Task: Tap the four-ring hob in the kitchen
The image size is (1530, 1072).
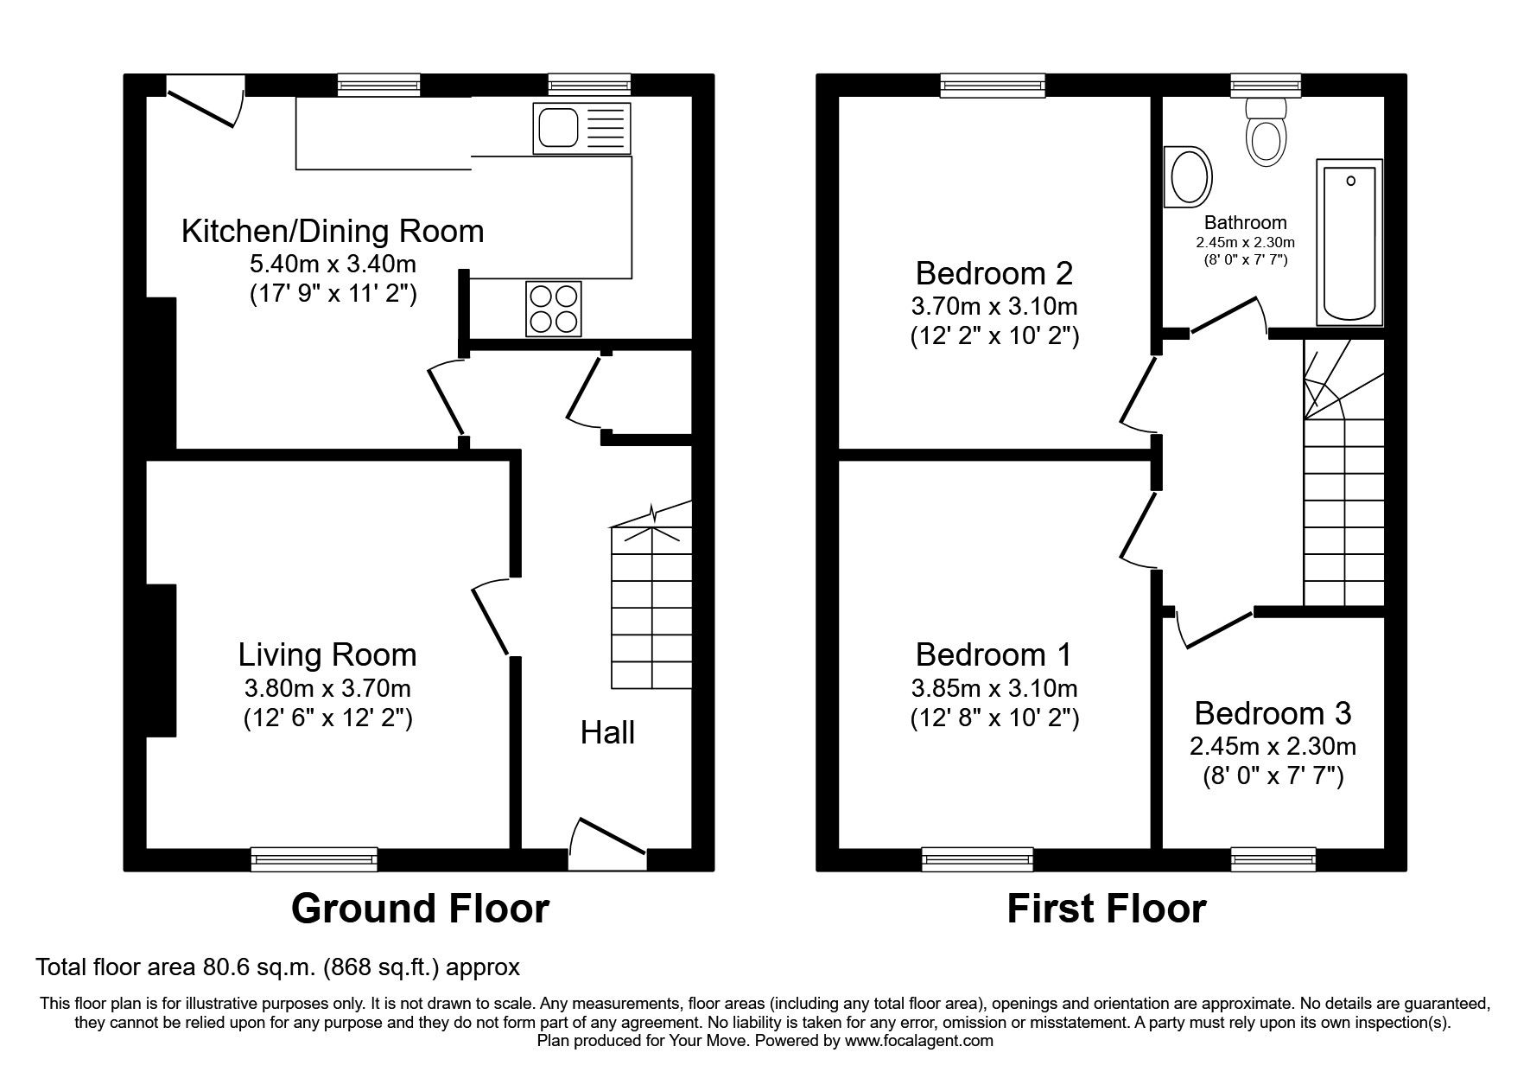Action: coord(553,309)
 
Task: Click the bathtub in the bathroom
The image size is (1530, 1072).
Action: coord(1349,242)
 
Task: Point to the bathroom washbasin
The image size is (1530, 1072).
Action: coord(1189,176)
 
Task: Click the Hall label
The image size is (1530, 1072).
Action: coord(607,732)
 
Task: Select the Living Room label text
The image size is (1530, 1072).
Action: coord(327,654)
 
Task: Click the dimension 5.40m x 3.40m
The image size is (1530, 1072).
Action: coord(333,264)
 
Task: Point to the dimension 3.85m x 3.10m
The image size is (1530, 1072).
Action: coord(994,688)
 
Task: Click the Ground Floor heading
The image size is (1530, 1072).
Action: coord(420,909)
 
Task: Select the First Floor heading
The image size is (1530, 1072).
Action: coord(1106,909)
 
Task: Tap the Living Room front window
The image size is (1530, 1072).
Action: coord(314,858)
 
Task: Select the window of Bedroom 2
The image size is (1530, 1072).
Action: coord(993,85)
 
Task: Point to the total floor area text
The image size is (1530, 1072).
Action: coord(277,967)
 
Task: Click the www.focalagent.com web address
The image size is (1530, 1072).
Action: coord(919,1041)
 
